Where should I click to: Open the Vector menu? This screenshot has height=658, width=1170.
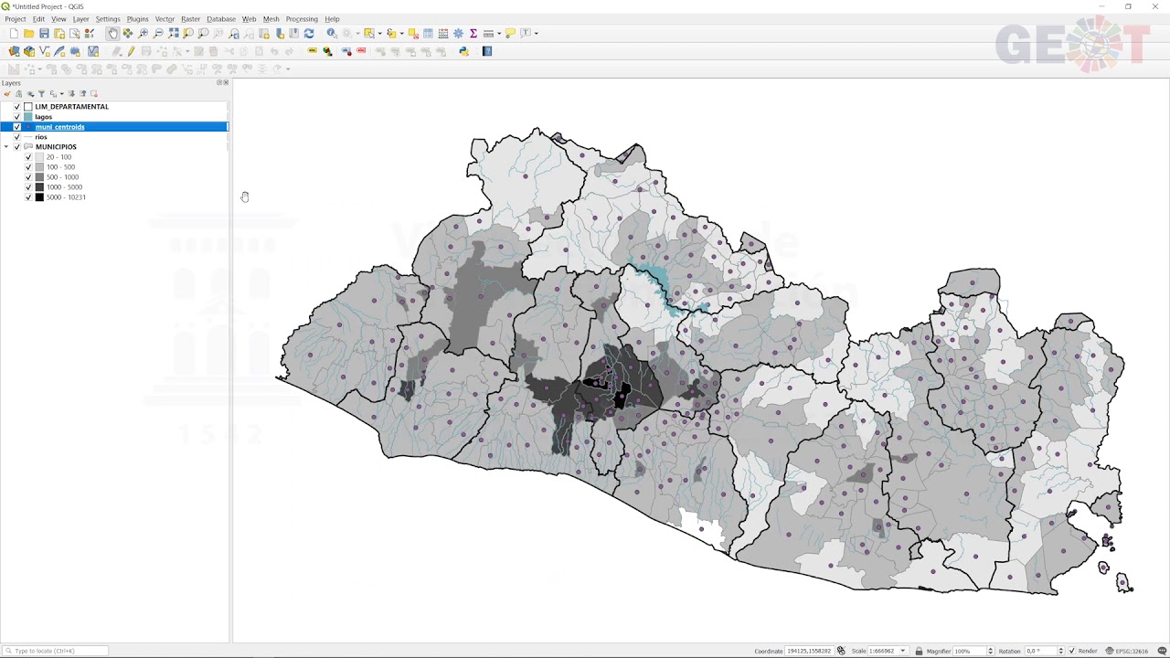165,19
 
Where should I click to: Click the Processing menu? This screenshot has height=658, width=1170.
301,19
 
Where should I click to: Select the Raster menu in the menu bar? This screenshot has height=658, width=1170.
190,19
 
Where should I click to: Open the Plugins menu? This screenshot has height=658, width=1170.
137,19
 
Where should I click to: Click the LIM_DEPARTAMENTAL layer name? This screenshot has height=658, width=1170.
71,107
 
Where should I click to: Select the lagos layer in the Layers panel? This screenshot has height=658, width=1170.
44,117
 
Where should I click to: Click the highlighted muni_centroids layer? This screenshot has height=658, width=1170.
59,127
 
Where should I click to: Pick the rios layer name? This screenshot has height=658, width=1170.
41,137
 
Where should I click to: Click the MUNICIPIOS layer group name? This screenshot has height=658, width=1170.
56,147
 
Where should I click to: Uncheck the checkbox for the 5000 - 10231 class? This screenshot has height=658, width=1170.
28,197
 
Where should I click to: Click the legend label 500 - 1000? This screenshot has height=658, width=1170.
62,177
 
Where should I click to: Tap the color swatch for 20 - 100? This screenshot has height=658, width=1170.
39,157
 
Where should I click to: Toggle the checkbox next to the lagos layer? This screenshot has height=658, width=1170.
16,117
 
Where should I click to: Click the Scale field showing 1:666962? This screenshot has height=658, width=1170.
879,651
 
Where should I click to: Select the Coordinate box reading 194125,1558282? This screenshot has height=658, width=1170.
808,651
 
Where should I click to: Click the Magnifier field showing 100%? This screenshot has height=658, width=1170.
967,651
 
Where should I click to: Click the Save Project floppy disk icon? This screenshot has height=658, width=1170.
44,34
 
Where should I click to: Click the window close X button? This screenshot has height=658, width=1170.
1154,6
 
